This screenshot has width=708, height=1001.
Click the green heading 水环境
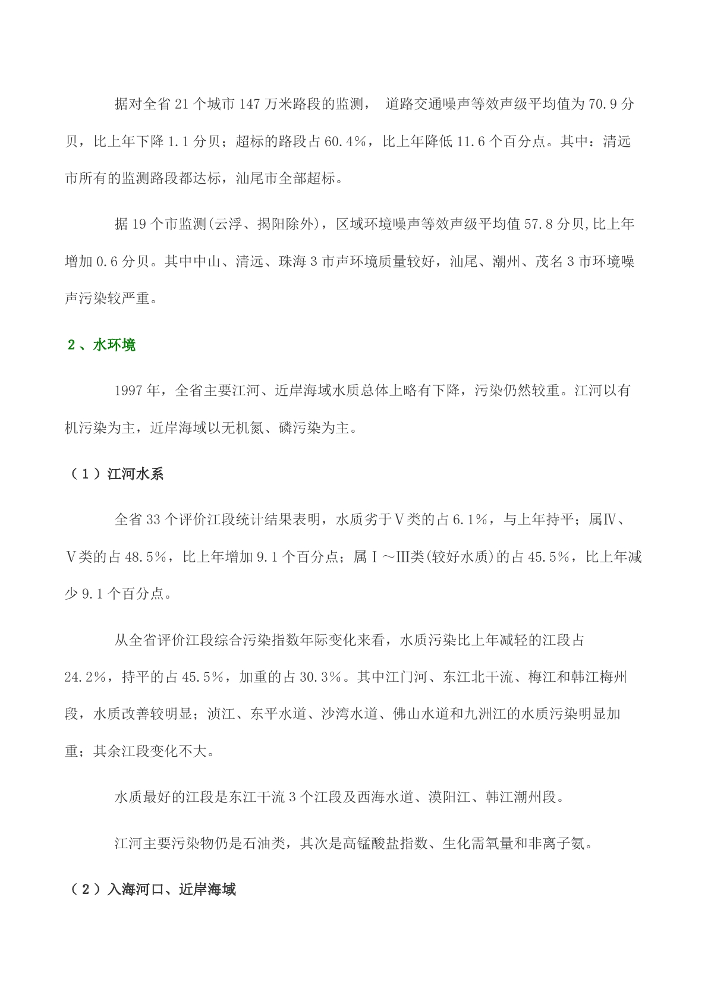[114, 345]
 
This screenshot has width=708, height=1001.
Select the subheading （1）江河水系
[116, 474]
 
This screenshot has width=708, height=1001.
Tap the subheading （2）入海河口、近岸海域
[152, 890]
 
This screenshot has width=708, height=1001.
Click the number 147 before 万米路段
[249, 105]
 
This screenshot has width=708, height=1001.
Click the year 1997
[129, 391]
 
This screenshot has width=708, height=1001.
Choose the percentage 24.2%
[85, 678]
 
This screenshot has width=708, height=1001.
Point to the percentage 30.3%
[322, 678]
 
